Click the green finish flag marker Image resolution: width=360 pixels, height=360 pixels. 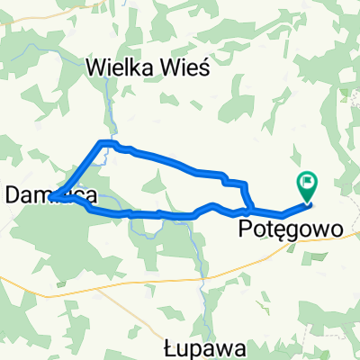pyautogui.click(x=308, y=185)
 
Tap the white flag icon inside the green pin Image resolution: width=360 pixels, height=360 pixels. pyautogui.click(x=308, y=182)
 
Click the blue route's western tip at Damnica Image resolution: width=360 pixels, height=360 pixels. pyautogui.click(x=51, y=196)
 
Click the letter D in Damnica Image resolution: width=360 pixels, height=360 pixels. pyautogui.click(x=13, y=193)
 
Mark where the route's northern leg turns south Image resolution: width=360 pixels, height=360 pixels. pyautogui.click(x=243, y=184)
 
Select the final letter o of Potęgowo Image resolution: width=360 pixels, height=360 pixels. pyautogui.click(x=337, y=230)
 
